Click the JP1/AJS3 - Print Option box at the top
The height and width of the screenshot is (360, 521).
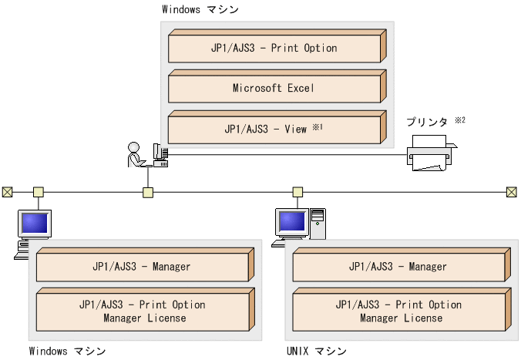point(274,48)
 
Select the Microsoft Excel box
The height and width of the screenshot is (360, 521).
point(274,88)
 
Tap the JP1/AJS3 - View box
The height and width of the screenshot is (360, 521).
point(274,129)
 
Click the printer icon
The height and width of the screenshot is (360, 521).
point(431,153)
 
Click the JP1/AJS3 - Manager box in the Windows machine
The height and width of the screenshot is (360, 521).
point(143,267)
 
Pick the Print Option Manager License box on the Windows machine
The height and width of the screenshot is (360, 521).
point(143,311)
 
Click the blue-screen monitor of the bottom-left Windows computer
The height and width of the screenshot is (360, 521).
point(35,224)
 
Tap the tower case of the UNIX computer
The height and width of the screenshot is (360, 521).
point(318,224)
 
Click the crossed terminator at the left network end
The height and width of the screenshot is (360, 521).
point(7,191)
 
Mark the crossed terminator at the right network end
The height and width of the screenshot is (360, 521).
point(511,191)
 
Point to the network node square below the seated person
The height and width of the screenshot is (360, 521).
point(148,191)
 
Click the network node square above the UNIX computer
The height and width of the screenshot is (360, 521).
point(297,191)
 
